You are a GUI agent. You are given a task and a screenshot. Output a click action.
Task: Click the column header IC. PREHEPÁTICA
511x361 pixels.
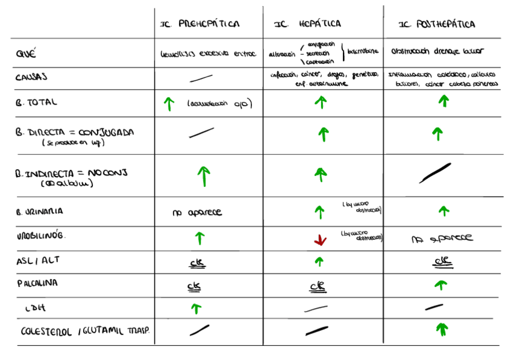click(199, 25)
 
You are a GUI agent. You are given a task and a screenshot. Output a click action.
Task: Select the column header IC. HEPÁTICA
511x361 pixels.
click(307, 24)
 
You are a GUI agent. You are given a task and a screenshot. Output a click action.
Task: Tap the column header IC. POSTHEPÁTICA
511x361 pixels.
click(437, 25)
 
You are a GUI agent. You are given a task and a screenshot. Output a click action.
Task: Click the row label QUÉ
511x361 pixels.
click(26, 54)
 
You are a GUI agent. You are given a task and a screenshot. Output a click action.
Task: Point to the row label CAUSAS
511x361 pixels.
click(32, 77)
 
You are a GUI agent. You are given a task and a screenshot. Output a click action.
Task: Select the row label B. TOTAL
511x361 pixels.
click(37, 102)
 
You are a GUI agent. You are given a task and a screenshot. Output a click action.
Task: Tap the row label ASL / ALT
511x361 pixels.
click(38, 261)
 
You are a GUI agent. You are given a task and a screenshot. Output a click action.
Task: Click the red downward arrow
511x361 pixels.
click(320, 240)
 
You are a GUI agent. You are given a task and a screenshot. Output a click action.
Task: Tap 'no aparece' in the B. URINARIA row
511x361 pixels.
click(197, 212)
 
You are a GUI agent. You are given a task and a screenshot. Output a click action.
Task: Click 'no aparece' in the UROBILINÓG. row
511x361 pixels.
click(442, 239)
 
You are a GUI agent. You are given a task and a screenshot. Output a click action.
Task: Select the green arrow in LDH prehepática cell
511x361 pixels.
click(196, 309)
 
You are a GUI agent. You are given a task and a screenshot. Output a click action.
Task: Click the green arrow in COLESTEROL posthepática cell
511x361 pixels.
click(443, 329)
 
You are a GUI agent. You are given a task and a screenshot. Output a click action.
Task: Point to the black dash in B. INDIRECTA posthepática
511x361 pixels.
click(436, 173)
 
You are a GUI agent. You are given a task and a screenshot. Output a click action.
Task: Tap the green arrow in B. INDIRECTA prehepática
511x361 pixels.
click(204, 176)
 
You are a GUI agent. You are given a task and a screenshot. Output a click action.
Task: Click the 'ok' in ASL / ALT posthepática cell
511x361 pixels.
click(443, 262)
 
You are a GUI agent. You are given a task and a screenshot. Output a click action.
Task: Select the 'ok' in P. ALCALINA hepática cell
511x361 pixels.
click(318, 286)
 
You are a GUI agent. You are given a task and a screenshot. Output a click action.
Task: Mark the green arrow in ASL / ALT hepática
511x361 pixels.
click(319, 262)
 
